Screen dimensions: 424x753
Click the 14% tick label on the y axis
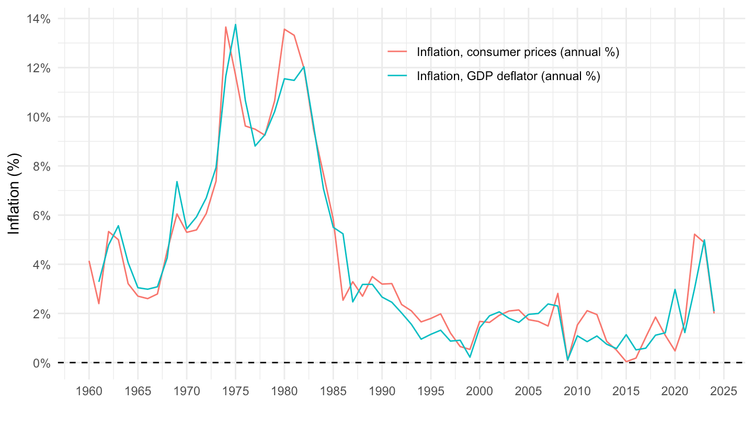tap(39, 19)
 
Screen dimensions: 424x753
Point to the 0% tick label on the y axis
tap(41, 363)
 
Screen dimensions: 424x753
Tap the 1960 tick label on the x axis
tap(89, 391)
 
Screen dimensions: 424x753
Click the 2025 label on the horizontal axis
tap(724, 391)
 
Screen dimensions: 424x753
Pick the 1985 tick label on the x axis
tap(333, 391)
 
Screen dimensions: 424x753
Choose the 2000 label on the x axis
tap(480, 391)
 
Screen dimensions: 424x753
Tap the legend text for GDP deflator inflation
tap(508, 76)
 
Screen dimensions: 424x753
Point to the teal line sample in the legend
tap(397, 76)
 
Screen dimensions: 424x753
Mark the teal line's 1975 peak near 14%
tap(235, 24)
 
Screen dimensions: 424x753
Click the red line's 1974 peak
tap(226, 27)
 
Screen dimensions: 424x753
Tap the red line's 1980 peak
tap(284, 29)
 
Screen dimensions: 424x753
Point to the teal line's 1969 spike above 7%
tap(177, 182)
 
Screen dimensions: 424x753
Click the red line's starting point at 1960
tap(89, 261)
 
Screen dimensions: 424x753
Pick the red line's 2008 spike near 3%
tap(558, 293)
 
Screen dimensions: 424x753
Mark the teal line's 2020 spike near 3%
tap(675, 289)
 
